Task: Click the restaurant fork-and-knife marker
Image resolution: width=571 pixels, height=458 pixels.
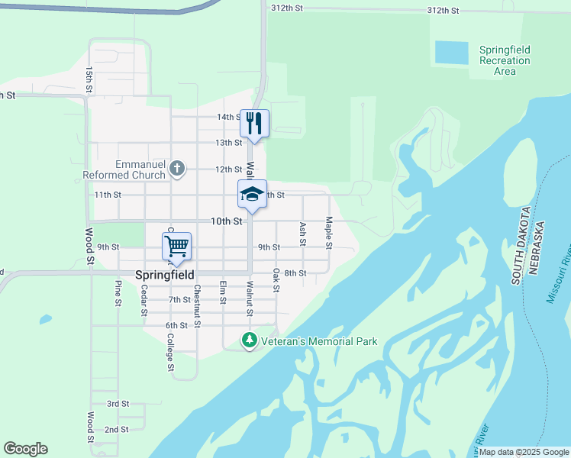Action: (x=254, y=122)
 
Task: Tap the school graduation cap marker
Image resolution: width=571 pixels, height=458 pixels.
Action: (x=252, y=194)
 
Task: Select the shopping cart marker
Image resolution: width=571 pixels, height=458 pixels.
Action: (x=176, y=246)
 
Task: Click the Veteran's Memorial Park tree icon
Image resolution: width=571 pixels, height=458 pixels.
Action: (x=248, y=340)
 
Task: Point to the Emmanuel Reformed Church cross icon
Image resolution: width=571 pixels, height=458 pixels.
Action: (x=177, y=168)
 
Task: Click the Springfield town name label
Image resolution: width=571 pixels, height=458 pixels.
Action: (x=163, y=274)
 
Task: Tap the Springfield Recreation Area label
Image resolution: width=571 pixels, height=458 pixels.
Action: (x=505, y=60)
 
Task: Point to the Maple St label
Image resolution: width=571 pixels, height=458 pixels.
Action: (x=329, y=233)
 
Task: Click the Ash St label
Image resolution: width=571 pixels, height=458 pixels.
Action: (x=303, y=234)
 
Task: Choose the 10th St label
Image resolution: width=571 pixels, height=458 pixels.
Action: (x=227, y=221)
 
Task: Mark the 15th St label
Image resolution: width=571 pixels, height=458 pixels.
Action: (x=89, y=80)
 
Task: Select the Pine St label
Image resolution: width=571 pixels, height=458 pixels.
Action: (x=118, y=294)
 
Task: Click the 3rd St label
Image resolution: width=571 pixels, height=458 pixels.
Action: (x=118, y=403)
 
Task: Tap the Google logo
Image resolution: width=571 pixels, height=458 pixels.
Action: (x=25, y=449)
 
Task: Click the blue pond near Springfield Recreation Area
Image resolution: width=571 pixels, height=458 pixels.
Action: (x=450, y=53)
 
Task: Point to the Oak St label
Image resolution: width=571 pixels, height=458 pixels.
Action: (x=276, y=279)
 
